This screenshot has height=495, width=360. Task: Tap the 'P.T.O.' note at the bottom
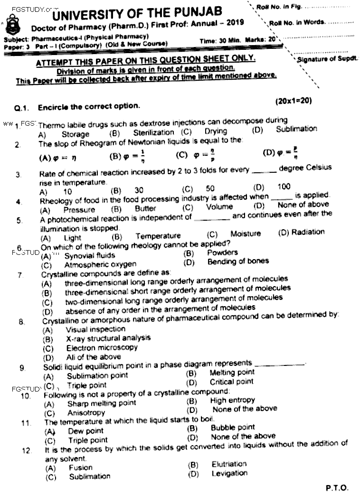(x=337, y=487)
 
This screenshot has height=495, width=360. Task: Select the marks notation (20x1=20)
(x=293, y=101)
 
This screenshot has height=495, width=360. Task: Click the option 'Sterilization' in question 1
(x=153, y=133)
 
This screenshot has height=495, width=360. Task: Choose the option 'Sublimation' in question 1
(x=296, y=129)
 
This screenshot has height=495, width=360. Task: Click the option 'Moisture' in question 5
(x=246, y=233)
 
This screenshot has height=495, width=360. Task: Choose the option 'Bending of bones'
(x=238, y=261)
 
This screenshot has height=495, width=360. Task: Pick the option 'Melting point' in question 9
(x=232, y=373)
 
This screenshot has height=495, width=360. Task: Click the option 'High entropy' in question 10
(x=233, y=401)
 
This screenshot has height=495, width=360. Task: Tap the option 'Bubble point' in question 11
(x=233, y=428)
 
